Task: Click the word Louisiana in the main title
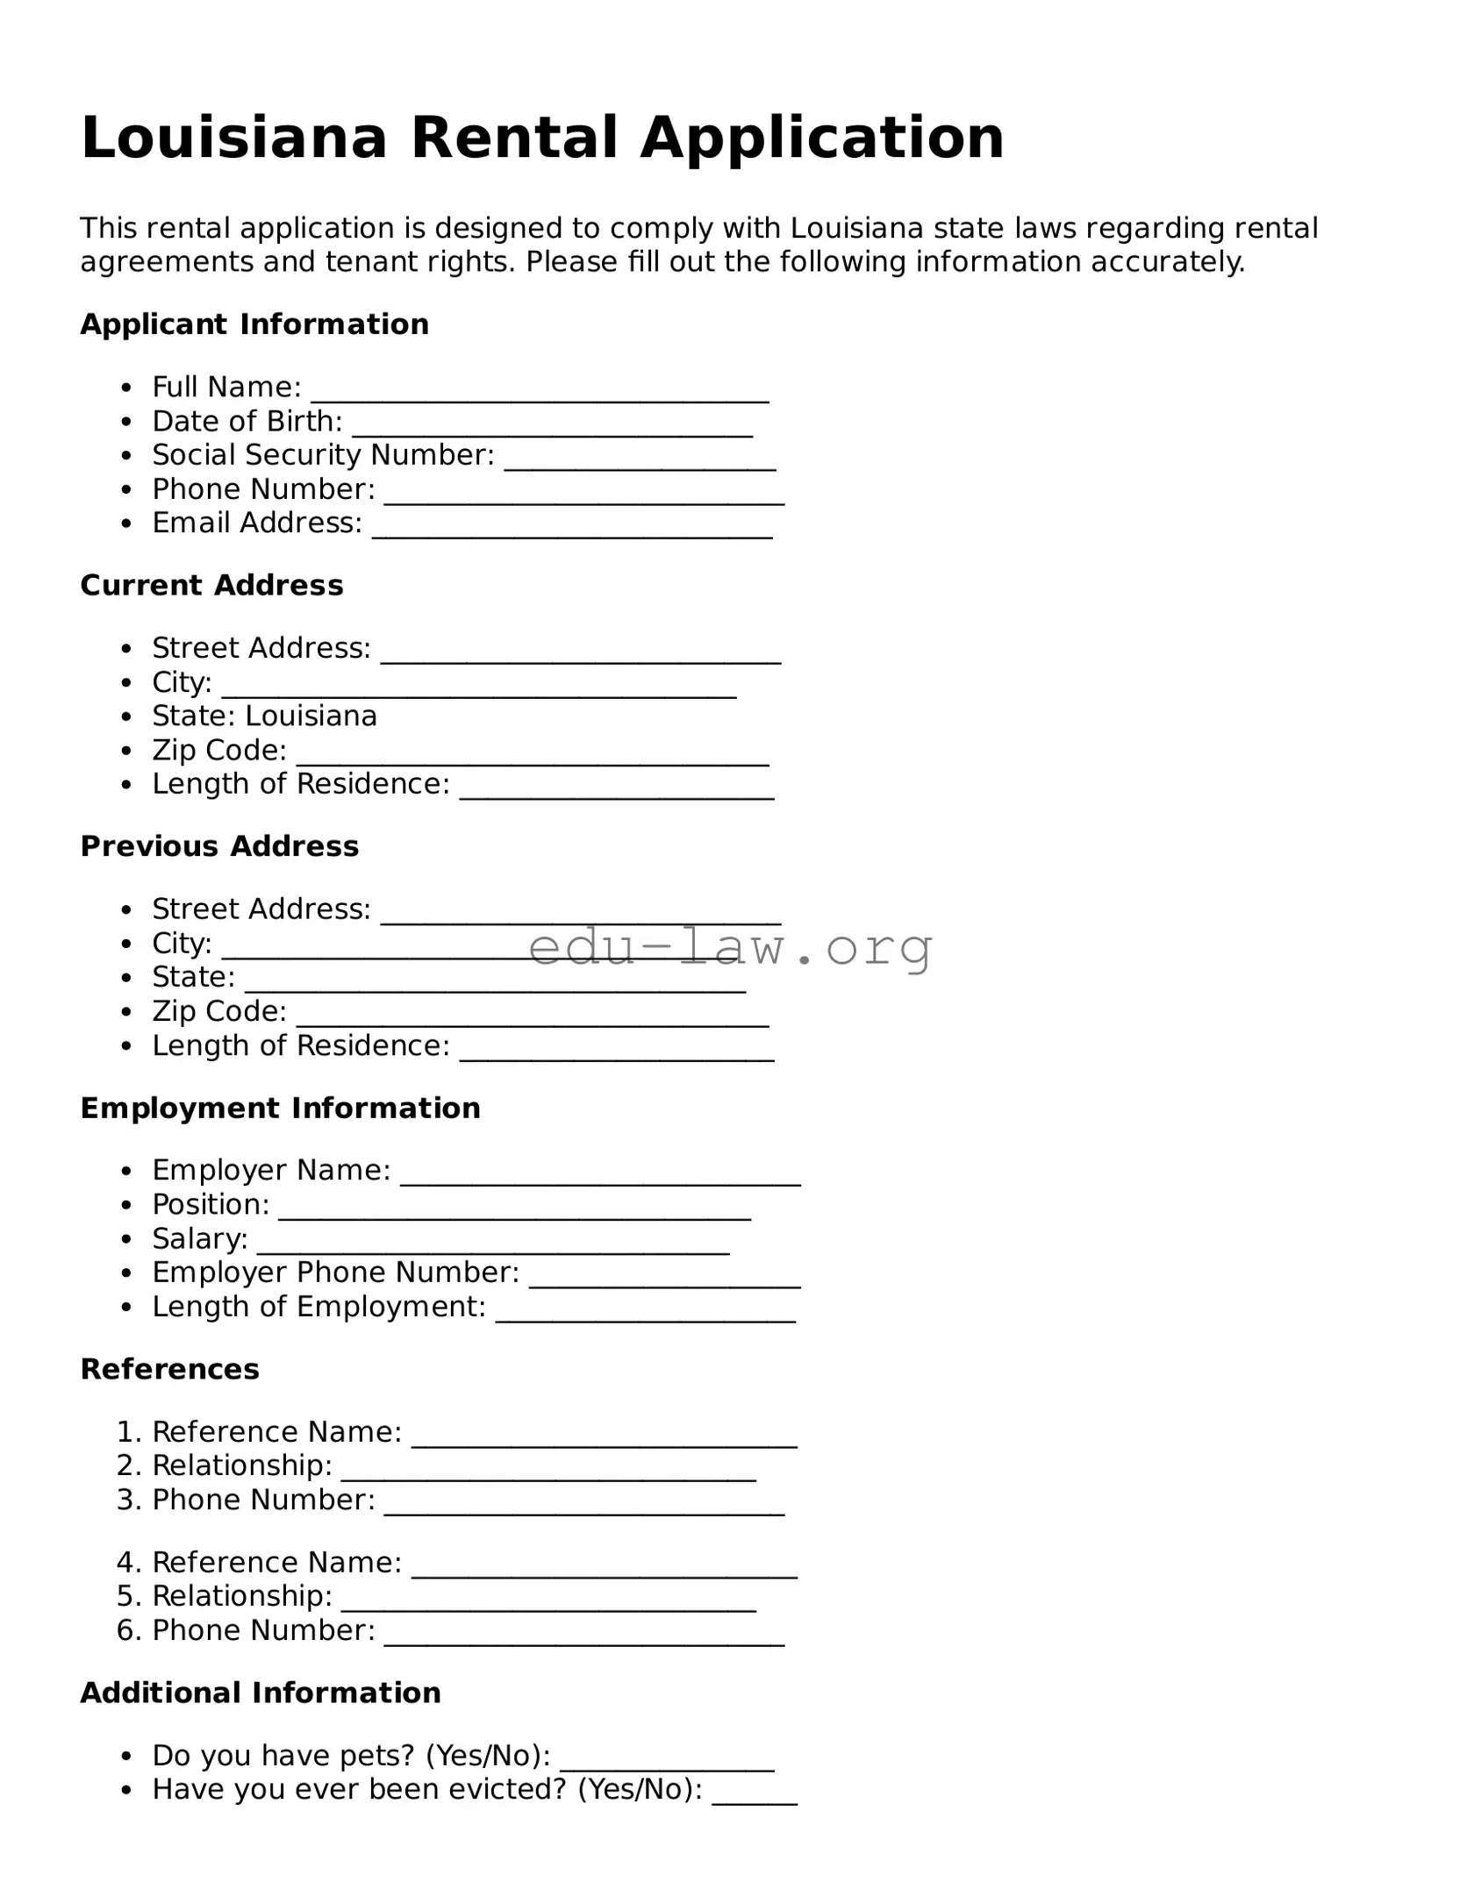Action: [233, 139]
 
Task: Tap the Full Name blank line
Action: [540, 391]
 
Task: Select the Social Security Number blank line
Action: [640, 459]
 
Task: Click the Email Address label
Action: [257, 523]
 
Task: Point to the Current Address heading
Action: [211, 585]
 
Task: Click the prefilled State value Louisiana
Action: [311, 716]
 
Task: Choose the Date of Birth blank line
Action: [552, 425]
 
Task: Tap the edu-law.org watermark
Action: [730, 947]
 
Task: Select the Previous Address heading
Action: [219, 846]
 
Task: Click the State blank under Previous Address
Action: [495, 981]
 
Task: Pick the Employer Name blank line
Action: [600, 1174]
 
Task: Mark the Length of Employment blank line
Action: [645, 1311]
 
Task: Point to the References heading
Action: [169, 1369]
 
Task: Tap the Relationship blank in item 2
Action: [548, 1470]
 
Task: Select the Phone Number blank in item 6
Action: [583, 1635]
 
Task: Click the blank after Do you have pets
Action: [667, 1760]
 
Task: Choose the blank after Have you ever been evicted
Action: [754, 1794]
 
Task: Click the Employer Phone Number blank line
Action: [664, 1277]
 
